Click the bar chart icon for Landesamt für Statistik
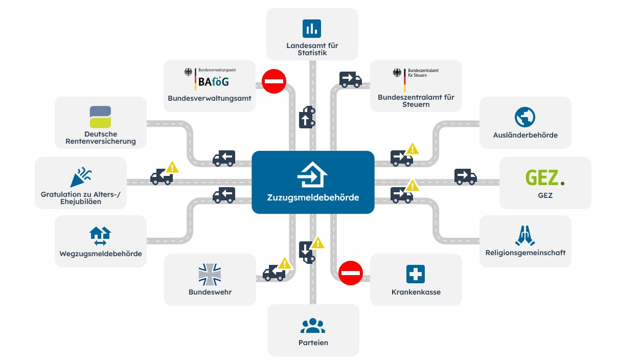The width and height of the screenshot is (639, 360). pyautogui.click(x=311, y=29)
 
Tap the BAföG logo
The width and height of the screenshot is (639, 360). pyautogui.click(x=214, y=80)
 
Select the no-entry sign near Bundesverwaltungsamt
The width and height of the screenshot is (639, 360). pyautogui.click(x=274, y=81)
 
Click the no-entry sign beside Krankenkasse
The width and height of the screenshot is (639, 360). pyautogui.click(x=351, y=273)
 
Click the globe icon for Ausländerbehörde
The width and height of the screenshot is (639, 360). pyautogui.click(x=525, y=117)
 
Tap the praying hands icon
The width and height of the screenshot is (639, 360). pyautogui.click(x=525, y=235)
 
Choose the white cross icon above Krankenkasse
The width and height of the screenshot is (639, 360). pyautogui.click(x=416, y=275)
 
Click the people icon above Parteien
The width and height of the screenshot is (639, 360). pyautogui.click(x=313, y=326)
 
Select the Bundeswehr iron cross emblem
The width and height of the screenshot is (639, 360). pyautogui.click(x=210, y=274)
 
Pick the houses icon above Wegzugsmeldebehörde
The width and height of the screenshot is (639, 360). pyautogui.click(x=100, y=236)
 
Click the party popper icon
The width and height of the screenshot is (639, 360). pyautogui.click(x=80, y=176)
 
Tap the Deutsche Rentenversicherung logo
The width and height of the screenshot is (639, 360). pyautogui.click(x=100, y=117)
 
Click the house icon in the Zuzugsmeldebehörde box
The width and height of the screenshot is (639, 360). pyautogui.click(x=312, y=175)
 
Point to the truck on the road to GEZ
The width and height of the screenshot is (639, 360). pyautogui.click(x=465, y=177)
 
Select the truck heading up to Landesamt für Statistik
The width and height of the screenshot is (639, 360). pyautogui.click(x=307, y=118)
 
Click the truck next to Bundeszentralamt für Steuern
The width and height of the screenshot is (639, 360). pyautogui.click(x=351, y=79)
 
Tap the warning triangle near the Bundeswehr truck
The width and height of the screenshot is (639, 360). pyautogui.click(x=284, y=263)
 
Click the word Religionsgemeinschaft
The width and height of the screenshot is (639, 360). pyautogui.click(x=525, y=253)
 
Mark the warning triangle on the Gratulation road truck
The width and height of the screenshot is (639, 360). pyautogui.click(x=172, y=167)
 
